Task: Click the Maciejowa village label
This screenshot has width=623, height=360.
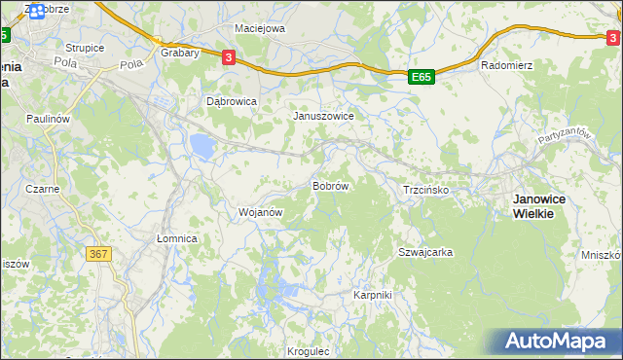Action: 258,28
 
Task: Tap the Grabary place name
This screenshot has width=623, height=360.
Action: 180,53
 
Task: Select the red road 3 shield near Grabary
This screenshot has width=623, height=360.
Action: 228,57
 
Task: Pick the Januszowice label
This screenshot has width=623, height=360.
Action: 323,115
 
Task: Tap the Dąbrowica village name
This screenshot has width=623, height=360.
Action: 232,100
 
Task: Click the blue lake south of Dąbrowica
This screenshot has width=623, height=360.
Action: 202,147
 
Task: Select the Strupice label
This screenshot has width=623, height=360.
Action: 85,47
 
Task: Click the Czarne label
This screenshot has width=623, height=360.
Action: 43,189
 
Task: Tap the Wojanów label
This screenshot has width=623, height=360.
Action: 260,211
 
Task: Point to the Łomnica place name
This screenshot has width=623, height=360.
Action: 177,238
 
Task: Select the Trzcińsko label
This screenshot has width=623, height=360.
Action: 425,190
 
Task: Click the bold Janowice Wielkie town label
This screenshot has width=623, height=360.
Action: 546,205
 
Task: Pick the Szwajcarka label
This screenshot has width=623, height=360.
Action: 425,252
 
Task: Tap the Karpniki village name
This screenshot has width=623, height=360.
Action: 372,294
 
